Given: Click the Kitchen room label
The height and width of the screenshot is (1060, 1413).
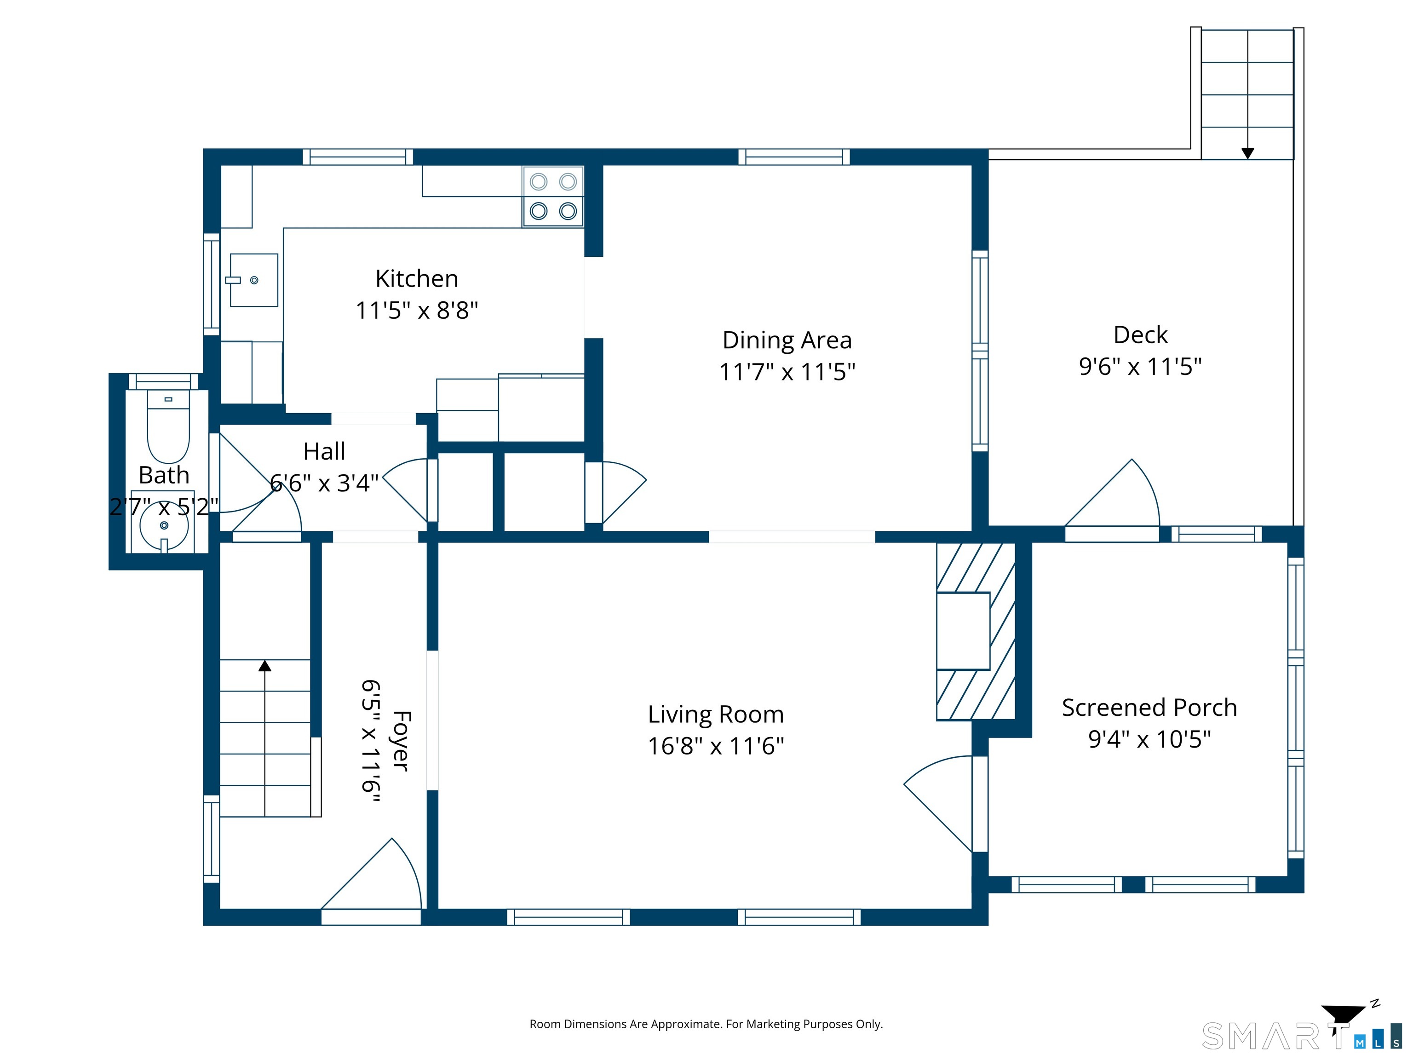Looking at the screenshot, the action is (416, 279).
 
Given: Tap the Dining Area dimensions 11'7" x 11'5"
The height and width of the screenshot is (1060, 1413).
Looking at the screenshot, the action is (787, 372).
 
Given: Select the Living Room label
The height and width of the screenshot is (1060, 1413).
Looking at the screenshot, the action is (715, 714).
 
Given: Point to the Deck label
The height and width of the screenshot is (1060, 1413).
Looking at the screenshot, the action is (1140, 335).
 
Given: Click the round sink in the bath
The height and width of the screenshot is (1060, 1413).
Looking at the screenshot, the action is (164, 526).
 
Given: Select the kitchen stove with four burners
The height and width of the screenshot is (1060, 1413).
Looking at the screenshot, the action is (553, 196).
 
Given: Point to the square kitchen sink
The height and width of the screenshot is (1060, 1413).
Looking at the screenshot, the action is (253, 280).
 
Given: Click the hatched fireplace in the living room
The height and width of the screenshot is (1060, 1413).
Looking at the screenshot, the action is (976, 631).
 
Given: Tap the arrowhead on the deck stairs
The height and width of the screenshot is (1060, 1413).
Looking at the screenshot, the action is (1247, 153).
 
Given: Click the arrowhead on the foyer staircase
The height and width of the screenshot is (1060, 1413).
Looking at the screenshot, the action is (265, 666).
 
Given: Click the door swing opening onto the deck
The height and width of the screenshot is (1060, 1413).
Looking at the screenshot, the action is (1112, 493).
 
